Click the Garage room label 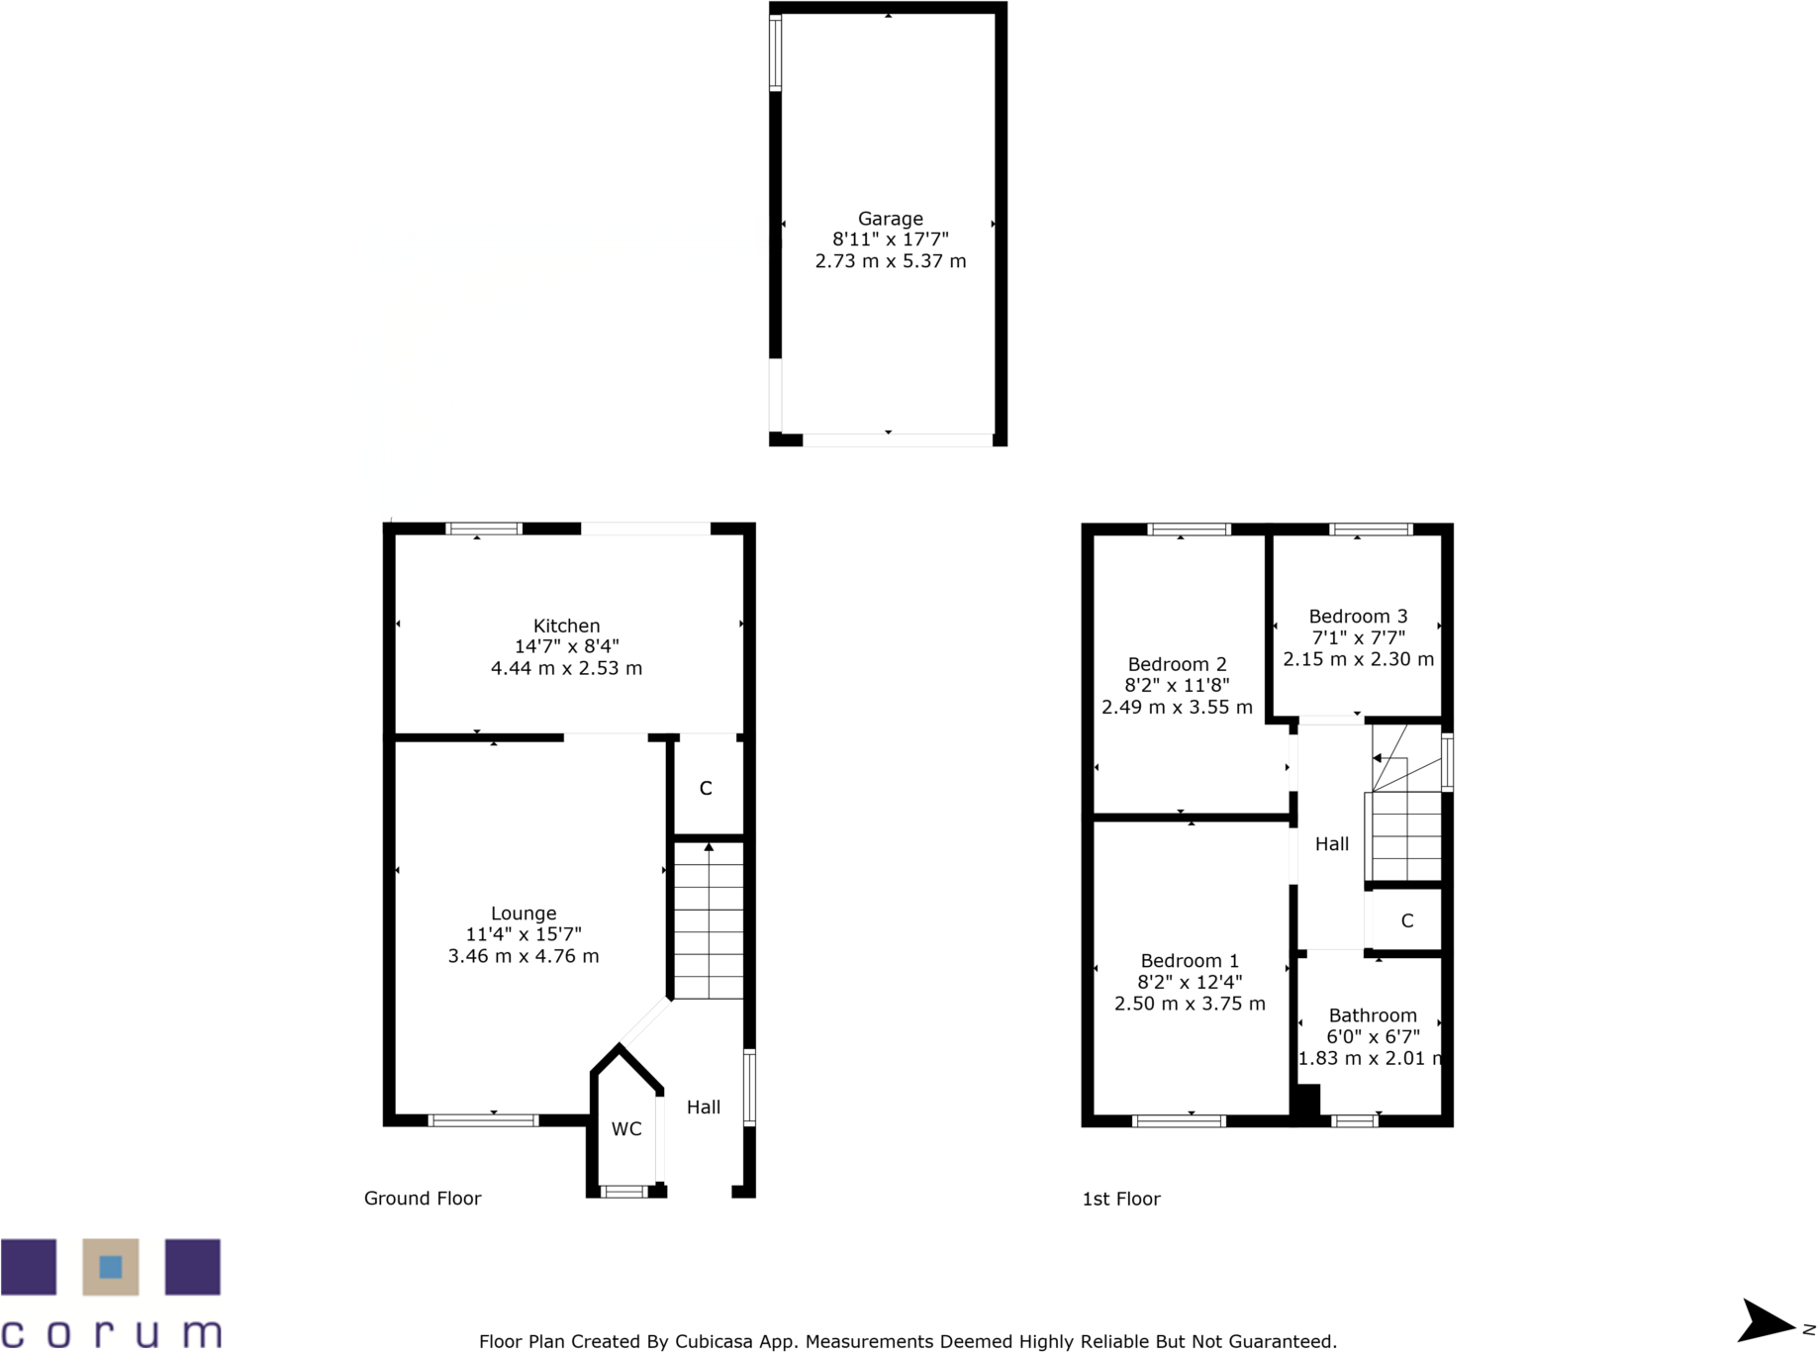click(890, 219)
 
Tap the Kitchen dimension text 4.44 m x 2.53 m click(566, 668)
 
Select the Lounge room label click(524, 914)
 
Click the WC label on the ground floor click(626, 1129)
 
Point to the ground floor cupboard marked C click(706, 789)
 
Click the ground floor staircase click(709, 920)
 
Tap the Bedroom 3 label click(1358, 617)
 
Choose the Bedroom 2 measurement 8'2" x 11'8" click(1177, 685)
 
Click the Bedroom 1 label click(1190, 961)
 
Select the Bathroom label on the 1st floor click(1372, 1015)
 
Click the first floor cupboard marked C click(1406, 921)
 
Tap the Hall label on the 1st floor click(1331, 844)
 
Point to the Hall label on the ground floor click(704, 1108)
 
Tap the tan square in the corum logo click(111, 1267)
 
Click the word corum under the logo click(111, 1332)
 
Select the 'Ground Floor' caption click(423, 1199)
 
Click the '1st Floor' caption click(1120, 1199)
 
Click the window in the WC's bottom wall click(624, 1192)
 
